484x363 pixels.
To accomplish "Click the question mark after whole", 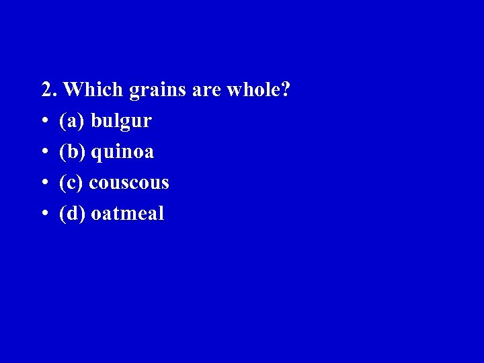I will (286, 89).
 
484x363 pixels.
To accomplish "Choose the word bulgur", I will (121, 122).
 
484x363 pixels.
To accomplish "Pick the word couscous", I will (129, 183).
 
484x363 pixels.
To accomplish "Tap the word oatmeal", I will (127, 214).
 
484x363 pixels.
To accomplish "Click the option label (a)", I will (71, 122).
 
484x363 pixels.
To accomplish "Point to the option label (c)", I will (71, 183).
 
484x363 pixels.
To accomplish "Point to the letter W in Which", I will (75, 89).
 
